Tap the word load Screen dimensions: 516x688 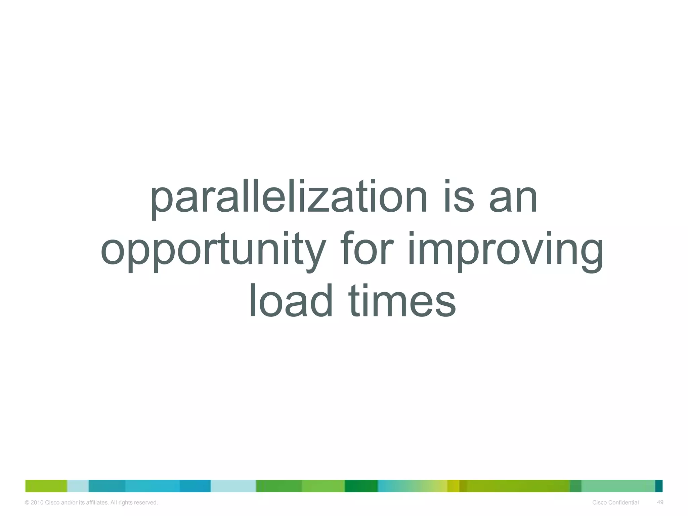[291, 301]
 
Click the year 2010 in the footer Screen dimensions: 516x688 [37, 503]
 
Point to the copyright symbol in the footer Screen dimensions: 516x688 [27, 503]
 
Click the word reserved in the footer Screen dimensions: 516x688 [145, 503]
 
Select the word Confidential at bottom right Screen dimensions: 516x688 [623, 503]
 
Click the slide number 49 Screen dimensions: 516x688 [660, 502]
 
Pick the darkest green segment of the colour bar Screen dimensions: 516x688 [361, 486]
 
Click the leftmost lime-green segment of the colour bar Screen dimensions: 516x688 [46, 486]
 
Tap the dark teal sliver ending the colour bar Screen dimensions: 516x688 [659, 486]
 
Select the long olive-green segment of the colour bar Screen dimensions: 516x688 [517, 486]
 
